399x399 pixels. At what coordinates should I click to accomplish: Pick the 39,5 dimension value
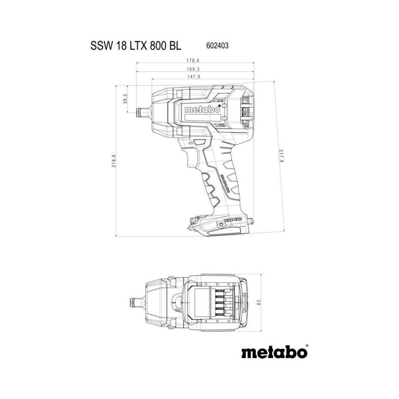click(125, 99)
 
